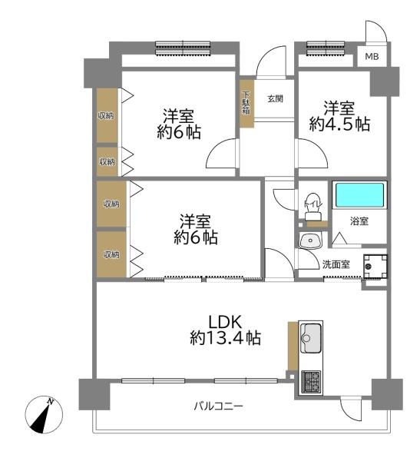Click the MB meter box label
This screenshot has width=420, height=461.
click(x=372, y=56)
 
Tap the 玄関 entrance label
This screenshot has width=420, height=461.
click(x=275, y=99)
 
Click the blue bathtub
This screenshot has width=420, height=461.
click(x=359, y=195)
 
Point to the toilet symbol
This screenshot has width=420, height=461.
click(x=313, y=207)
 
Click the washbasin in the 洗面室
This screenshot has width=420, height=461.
click(x=310, y=240)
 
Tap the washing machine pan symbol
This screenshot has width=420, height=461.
click(x=375, y=267)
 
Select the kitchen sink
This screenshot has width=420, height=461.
click(x=311, y=338)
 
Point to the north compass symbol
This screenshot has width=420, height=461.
click(x=44, y=414)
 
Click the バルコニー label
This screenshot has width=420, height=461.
click(x=218, y=406)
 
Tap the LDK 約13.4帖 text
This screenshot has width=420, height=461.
click(x=225, y=330)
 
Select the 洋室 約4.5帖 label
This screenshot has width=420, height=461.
click(x=339, y=116)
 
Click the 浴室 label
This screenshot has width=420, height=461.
click(x=359, y=221)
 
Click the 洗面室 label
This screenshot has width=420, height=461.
click(x=336, y=264)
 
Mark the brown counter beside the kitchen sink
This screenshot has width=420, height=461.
click(x=293, y=346)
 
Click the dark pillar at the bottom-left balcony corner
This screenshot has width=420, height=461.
click(x=94, y=395)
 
